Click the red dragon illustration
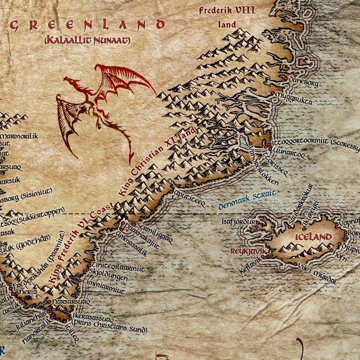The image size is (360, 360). click(100, 108)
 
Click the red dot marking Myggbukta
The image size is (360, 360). click(273, 94)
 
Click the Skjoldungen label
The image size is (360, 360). click(109, 277)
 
